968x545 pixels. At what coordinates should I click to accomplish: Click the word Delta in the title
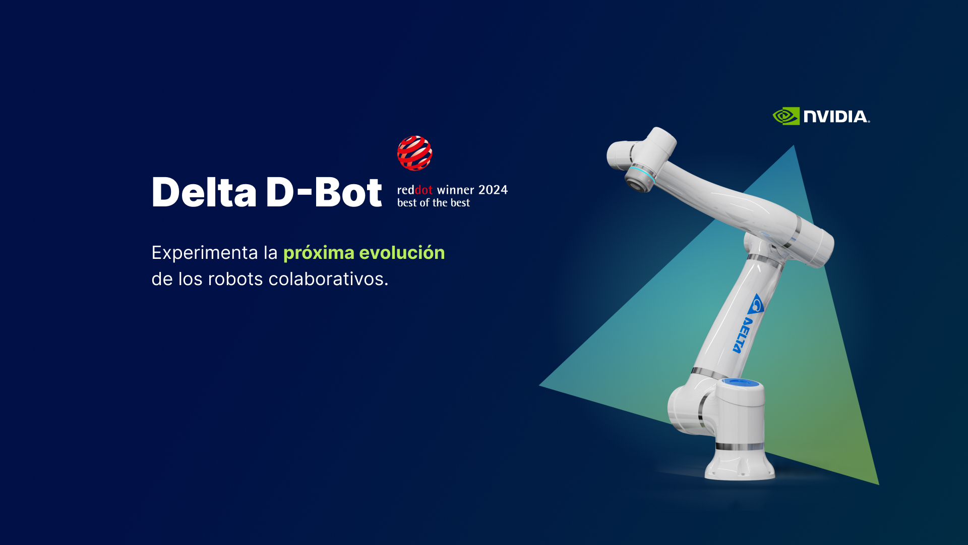(x=204, y=192)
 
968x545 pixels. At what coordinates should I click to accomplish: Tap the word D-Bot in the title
(x=324, y=192)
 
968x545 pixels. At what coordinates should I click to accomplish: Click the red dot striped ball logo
(x=414, y=153)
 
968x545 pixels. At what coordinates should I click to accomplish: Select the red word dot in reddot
(x=423, y=190)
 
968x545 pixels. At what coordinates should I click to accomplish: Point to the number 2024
(x=493, y=190)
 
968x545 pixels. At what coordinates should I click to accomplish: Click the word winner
(x=455, y=190)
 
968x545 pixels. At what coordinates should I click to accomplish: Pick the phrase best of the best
(x=434, y=203)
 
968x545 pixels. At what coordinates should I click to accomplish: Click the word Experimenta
(x=205, y=253)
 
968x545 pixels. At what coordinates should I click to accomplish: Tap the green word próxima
(x=319, y=253)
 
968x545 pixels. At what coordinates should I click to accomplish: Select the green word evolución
(x=402, y=252)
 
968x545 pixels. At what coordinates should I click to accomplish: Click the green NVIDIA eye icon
(x=786, y=116)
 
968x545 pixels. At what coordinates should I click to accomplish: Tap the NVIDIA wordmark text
(x=836, y=117)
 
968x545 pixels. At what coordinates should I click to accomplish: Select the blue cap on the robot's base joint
(x=741, y=383)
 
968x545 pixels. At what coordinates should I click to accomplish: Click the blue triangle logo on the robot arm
(x=757, y=304)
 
